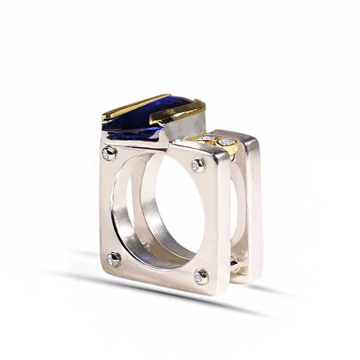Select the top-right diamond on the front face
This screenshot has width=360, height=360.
(x=197, y=165)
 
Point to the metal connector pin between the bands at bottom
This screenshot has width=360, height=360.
(x=234, y=264)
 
